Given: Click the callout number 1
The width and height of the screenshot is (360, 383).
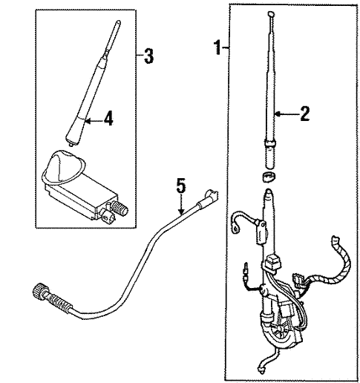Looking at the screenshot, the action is [x=218, y=48].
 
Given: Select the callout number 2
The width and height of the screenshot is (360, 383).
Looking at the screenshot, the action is [x=304, y=114].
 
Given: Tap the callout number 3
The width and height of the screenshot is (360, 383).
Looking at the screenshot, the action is [x=148, y=56].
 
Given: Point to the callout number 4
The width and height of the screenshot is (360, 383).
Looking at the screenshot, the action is [x=108, y=118].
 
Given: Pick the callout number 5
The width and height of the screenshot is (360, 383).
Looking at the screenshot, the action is [x=181, y=186].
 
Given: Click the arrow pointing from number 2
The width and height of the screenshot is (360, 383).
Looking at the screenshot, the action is [x=287, y=114].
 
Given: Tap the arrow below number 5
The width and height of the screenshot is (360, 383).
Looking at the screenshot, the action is [x=181, y=204].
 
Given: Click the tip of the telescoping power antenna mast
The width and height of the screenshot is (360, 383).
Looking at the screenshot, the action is [x=271, y=13].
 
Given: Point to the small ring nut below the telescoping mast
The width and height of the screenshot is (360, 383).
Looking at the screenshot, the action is [x=269, y=177].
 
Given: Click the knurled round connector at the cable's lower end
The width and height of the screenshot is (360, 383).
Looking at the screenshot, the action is [x=39, y=291].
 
